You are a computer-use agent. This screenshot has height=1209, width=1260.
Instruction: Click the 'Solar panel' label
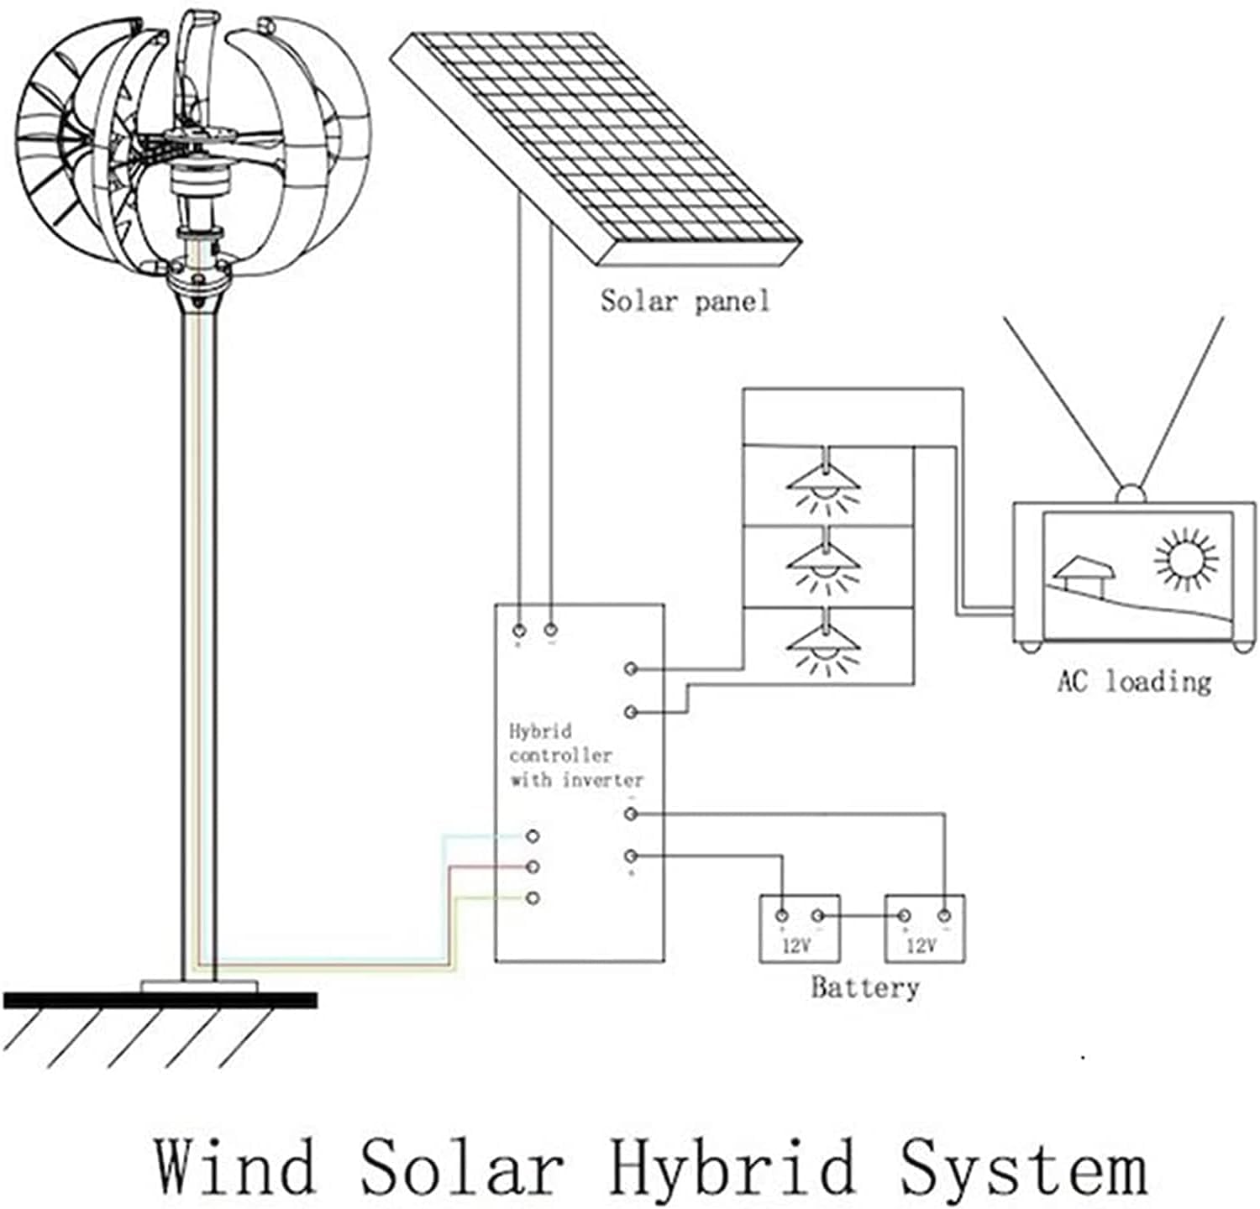[x=685, y=301]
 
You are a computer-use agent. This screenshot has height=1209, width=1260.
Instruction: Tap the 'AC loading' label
[x=1134, y=681]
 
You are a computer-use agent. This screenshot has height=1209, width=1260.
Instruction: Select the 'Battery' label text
[x=864, y=987]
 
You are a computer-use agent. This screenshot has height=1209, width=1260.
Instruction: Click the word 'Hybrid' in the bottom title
[x=731, y=1167]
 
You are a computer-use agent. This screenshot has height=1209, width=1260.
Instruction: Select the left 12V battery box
[x=800, y=929]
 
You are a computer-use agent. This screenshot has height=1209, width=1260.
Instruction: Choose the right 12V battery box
[x=924, y=929]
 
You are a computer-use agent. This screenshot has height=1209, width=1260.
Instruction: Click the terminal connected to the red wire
[x=532, y=866]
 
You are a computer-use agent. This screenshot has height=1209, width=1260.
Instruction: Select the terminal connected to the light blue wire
[x=532, y=836]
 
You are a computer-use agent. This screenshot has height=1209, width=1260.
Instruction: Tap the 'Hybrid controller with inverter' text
[x=575, y=756]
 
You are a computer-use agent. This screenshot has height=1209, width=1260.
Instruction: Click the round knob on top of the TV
[x=1131, y=494]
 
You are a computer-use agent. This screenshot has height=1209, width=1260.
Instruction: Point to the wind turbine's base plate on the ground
[x=199, y=985]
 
